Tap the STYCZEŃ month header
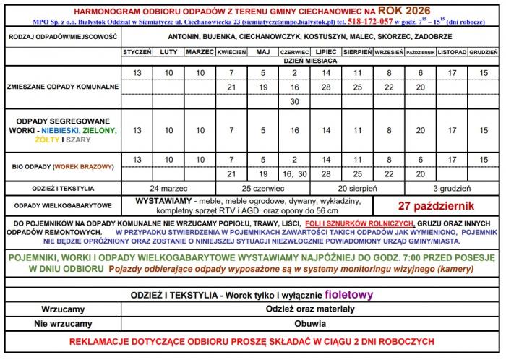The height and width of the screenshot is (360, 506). pyautogui.click(x=137, y=53)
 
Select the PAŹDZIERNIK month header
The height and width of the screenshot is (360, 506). pyautogui.click(x=420, y=53)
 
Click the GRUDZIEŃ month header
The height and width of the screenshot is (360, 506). pyautogui.click(x=483, y=53)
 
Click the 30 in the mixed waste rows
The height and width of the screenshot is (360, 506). pyautogui.click(x=294, y=101)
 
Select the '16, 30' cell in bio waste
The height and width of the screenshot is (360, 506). pyautogui.click(x=294, y=173)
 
